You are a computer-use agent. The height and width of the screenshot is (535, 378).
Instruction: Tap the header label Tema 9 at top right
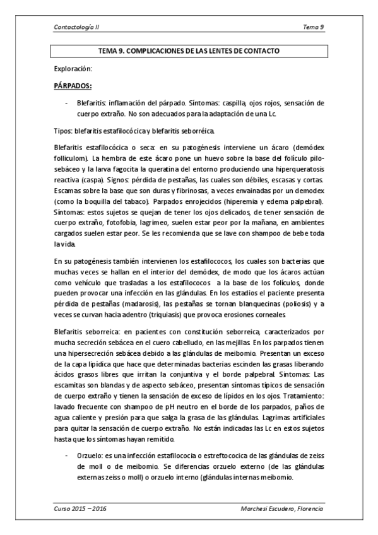(313, 28)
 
